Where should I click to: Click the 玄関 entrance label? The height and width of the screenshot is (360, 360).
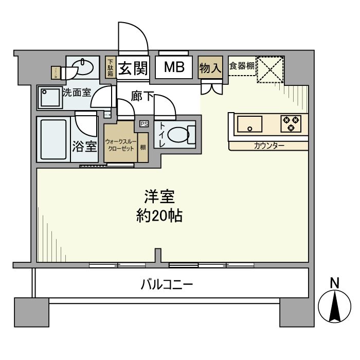[x=133, y=68]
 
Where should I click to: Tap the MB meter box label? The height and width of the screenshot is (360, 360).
[x=174, y=68]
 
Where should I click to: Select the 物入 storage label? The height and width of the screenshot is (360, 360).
[x=210, y=68]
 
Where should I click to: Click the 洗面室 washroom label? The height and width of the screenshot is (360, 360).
[x=77, y=93]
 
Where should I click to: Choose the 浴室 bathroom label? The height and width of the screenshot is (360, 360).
[x=84, y=146]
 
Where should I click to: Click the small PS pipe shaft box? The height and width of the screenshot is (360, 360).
[x=143, y=123]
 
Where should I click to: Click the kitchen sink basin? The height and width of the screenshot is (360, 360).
[x=249, y=124]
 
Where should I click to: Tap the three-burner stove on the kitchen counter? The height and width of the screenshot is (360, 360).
[x=291, y=123]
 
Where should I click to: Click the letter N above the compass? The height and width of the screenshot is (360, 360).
[x=334, y=283]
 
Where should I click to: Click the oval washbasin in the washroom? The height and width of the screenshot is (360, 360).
[x=83, y=67]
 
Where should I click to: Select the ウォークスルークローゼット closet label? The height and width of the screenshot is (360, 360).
[x=120, y=145]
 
